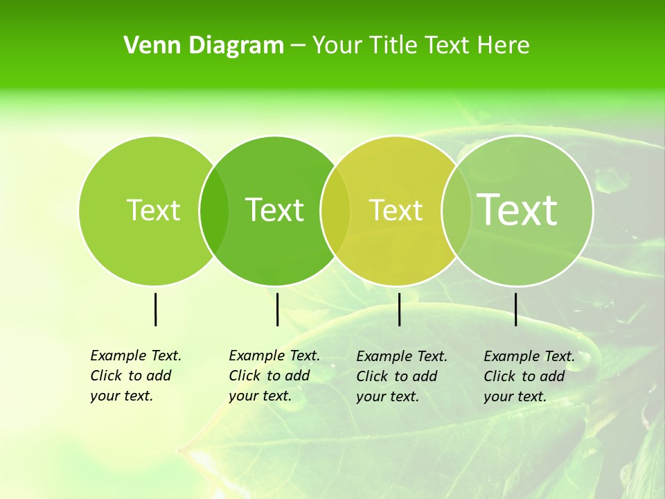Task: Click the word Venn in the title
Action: coord(148,46)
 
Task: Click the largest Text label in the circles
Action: coord(517,209)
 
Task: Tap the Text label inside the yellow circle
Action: coord(396,210)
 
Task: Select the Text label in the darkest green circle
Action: coord(274,210)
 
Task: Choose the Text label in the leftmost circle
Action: coord(154,210)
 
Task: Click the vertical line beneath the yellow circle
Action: coord(400,309)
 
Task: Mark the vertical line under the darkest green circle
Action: coord(277,309)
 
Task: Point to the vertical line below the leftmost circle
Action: coord(155,309)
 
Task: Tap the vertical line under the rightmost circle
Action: coord(515,309)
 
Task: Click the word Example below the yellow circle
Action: coord(383,356)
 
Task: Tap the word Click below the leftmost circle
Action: coord(106,376)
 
